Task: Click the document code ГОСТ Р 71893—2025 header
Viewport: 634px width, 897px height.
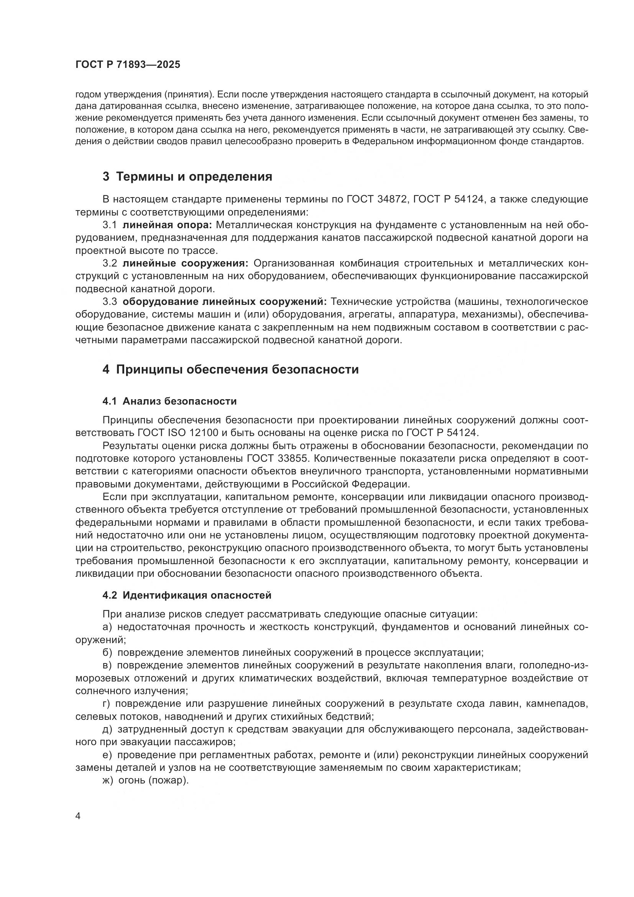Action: click(128, 65)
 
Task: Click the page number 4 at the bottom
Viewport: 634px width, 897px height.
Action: click(78, 816)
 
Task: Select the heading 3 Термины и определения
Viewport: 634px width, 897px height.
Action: click(187, 176)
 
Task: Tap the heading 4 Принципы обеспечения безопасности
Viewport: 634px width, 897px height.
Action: click(230, 369)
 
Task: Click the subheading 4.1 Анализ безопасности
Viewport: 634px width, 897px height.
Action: click(169, 401)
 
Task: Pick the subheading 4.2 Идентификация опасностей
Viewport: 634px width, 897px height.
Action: click(187, 596)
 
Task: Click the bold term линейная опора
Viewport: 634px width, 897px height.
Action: click(167, 225)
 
